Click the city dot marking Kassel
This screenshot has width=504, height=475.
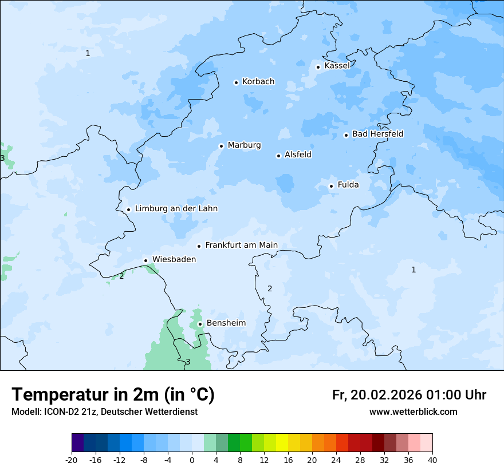point(318,67)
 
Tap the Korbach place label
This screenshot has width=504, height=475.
point(258,82)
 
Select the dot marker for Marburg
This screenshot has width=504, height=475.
point(221,146)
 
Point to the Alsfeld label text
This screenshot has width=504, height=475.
point(298,155)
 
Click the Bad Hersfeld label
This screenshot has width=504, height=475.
point(377,134)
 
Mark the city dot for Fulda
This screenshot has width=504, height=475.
point(331,186)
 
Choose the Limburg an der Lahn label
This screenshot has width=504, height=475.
point(176,209)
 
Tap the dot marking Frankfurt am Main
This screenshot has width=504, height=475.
point(199,246)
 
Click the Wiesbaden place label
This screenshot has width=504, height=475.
point(174,259)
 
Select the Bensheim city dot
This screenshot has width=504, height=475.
point(200,324)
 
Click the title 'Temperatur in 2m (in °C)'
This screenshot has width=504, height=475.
point(113,394)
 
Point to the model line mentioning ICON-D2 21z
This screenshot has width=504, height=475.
point(104,412)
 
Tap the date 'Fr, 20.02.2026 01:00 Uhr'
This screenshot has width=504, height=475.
point(409,395)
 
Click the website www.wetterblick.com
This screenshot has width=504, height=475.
point(413,412)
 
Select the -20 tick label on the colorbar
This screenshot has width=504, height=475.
point(72,460)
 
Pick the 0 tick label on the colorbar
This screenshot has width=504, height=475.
point(192,460)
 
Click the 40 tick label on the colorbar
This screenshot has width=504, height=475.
point(432,460)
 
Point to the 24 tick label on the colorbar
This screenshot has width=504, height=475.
point(336,460)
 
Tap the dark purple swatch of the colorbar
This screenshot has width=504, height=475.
point(77,443)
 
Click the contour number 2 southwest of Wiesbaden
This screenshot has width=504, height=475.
point(121,276)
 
